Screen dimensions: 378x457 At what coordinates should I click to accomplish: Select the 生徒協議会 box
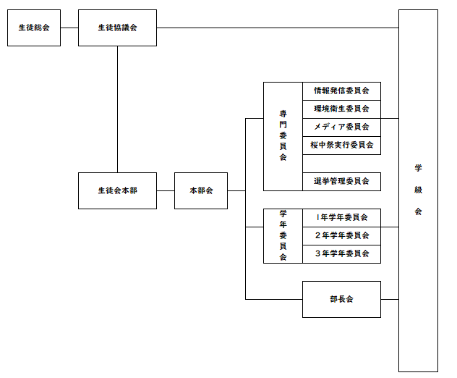pos(117,28)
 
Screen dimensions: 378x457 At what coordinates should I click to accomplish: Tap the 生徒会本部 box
pos(117,190)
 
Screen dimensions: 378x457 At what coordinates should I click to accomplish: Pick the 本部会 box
pos(201,190)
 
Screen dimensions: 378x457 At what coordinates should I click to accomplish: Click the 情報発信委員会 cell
pos(341,91)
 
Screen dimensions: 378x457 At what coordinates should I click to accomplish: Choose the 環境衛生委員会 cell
pos(341,109)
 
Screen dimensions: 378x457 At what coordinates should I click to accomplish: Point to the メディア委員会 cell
pos(341,127)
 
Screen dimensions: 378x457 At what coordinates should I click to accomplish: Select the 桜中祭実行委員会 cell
pos(341,146)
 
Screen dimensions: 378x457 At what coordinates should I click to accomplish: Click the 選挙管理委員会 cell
pos(341,182)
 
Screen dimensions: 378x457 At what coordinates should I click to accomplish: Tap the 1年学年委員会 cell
pos(341,217)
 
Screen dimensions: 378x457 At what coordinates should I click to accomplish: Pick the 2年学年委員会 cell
pos(341,235)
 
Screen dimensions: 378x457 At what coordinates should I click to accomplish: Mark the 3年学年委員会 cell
pos(341,253)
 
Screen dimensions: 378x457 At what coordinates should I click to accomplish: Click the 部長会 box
pos(341,299)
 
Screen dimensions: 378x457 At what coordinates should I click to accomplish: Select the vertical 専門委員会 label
pos(283,136)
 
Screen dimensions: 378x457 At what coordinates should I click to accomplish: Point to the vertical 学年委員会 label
pos(283,235)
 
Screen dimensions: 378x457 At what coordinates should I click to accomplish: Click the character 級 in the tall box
pos(418,190)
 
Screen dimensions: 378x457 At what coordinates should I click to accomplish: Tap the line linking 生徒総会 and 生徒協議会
pos(69,28)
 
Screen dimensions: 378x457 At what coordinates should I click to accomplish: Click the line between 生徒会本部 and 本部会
pos(166,190)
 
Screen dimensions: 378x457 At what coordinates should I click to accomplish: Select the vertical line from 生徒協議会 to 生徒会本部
pos(117,109)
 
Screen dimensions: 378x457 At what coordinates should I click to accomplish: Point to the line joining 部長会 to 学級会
pos(390,299)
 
